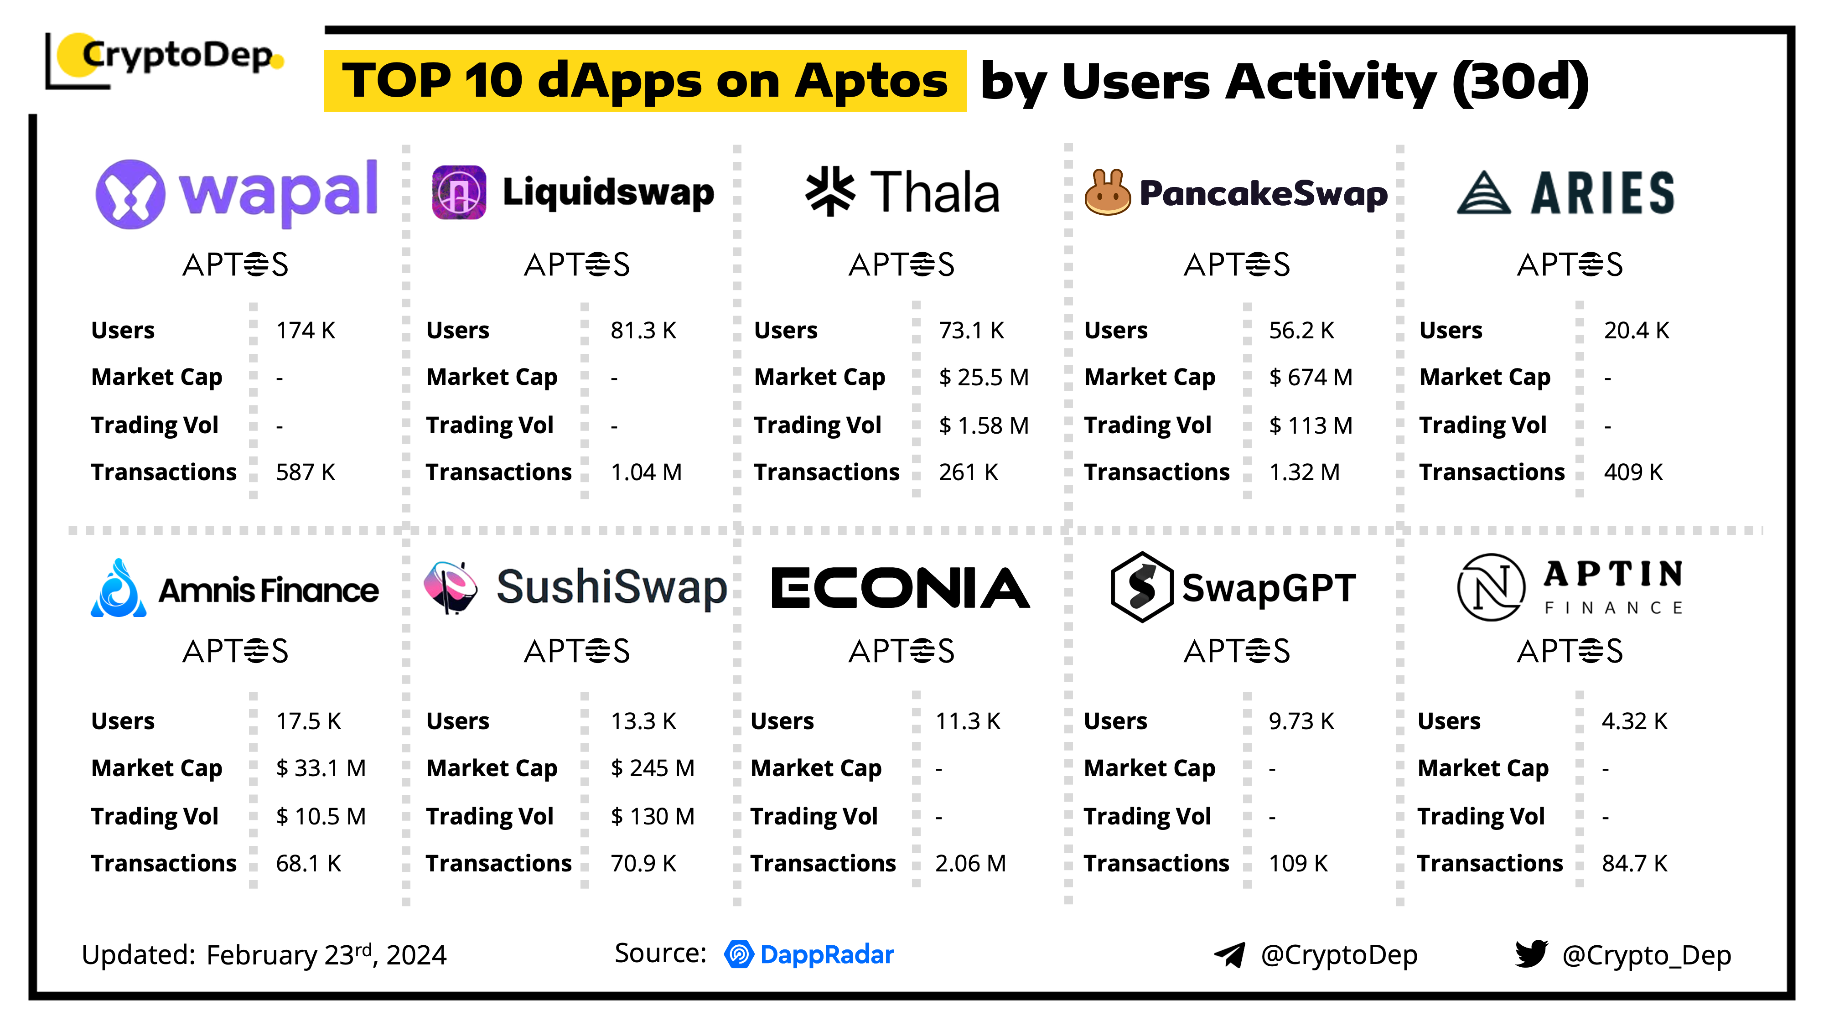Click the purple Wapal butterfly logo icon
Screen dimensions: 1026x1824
(130, 194)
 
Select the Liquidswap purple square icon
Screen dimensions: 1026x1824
(459, 192)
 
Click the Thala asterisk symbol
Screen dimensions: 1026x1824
(830, 191)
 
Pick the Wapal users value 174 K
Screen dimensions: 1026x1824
(305, 331)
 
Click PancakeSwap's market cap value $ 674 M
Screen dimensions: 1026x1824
(1311, 378)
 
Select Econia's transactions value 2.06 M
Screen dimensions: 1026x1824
(970, 863)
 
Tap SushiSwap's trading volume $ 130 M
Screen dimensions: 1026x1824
(652, 816)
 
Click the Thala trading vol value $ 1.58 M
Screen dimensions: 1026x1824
(984, 425)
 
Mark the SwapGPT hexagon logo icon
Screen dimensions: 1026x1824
(1141, 587)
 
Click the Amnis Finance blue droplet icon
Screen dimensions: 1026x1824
(118, 589)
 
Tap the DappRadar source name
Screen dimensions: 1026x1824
(826, 954)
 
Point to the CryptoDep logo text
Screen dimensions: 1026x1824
(177, 55)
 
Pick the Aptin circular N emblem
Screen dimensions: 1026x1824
(1491, 587)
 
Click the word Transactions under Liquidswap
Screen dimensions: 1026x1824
(498, 472)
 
